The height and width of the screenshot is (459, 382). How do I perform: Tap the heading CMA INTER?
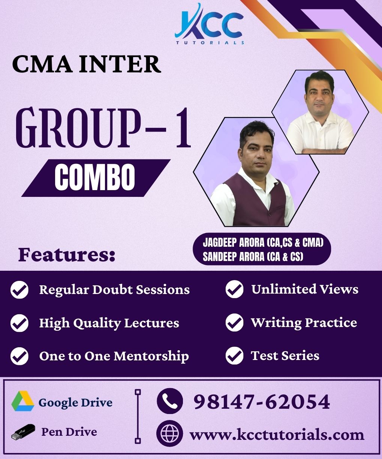87,64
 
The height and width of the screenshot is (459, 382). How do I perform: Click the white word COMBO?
95,178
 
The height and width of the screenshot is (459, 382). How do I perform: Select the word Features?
67,255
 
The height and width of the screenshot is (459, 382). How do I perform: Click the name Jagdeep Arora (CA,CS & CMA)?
263,243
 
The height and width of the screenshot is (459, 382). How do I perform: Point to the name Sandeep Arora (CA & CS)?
253,257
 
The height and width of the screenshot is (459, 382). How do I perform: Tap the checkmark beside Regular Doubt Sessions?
19,290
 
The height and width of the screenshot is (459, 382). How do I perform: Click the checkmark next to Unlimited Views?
234,289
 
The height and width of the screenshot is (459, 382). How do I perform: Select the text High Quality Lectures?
109,323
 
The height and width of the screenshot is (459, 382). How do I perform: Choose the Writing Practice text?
304,322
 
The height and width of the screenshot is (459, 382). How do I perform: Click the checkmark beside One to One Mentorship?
19,356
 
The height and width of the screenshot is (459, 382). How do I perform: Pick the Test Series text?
285,355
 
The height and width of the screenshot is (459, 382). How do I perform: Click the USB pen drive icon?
23,432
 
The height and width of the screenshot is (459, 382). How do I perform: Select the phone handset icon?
170,401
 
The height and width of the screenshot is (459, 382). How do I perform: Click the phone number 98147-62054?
262,402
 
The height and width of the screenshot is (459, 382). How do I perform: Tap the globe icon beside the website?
169,434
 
